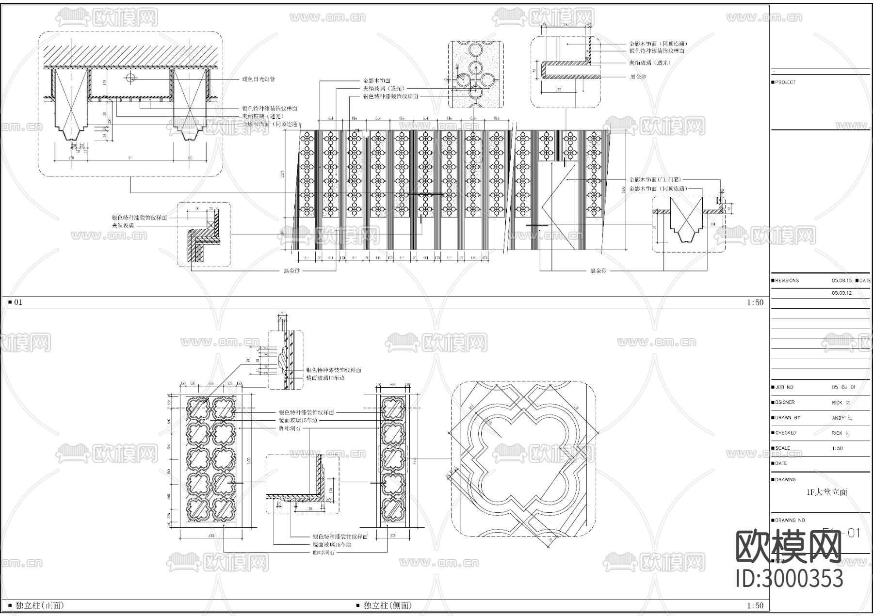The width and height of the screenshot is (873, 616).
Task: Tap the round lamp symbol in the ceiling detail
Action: pyautogui.click(x=131, y=77)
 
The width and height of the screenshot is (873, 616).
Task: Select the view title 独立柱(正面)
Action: pyautogui.click(x=40, y=605)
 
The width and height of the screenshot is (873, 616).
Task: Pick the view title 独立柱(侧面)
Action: pyautogui.click(x=388, y=605)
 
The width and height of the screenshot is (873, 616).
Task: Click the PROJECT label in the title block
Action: pyautogui.click(x=785, y=82)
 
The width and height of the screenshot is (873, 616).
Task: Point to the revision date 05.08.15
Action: pyautogui.click(x=841, y=281)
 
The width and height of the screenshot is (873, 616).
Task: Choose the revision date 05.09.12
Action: pyautogui.click(x=841, y=293)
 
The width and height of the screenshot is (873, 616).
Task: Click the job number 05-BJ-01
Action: pyautogui.click(x=844, y=387)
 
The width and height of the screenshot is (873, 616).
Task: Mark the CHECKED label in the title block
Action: pyautogui.click(x=785, y=433)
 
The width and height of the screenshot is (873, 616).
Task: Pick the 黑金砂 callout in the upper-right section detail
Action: pyautogui.click(x=638, y=77)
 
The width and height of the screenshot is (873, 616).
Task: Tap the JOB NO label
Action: pyautogui.click(x=784, y=387)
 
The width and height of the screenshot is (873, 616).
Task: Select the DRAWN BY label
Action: pyautogui.click(x=787, y=418)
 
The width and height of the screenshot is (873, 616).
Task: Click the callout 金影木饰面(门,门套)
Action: pyautogui.click(x=657, y=180)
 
